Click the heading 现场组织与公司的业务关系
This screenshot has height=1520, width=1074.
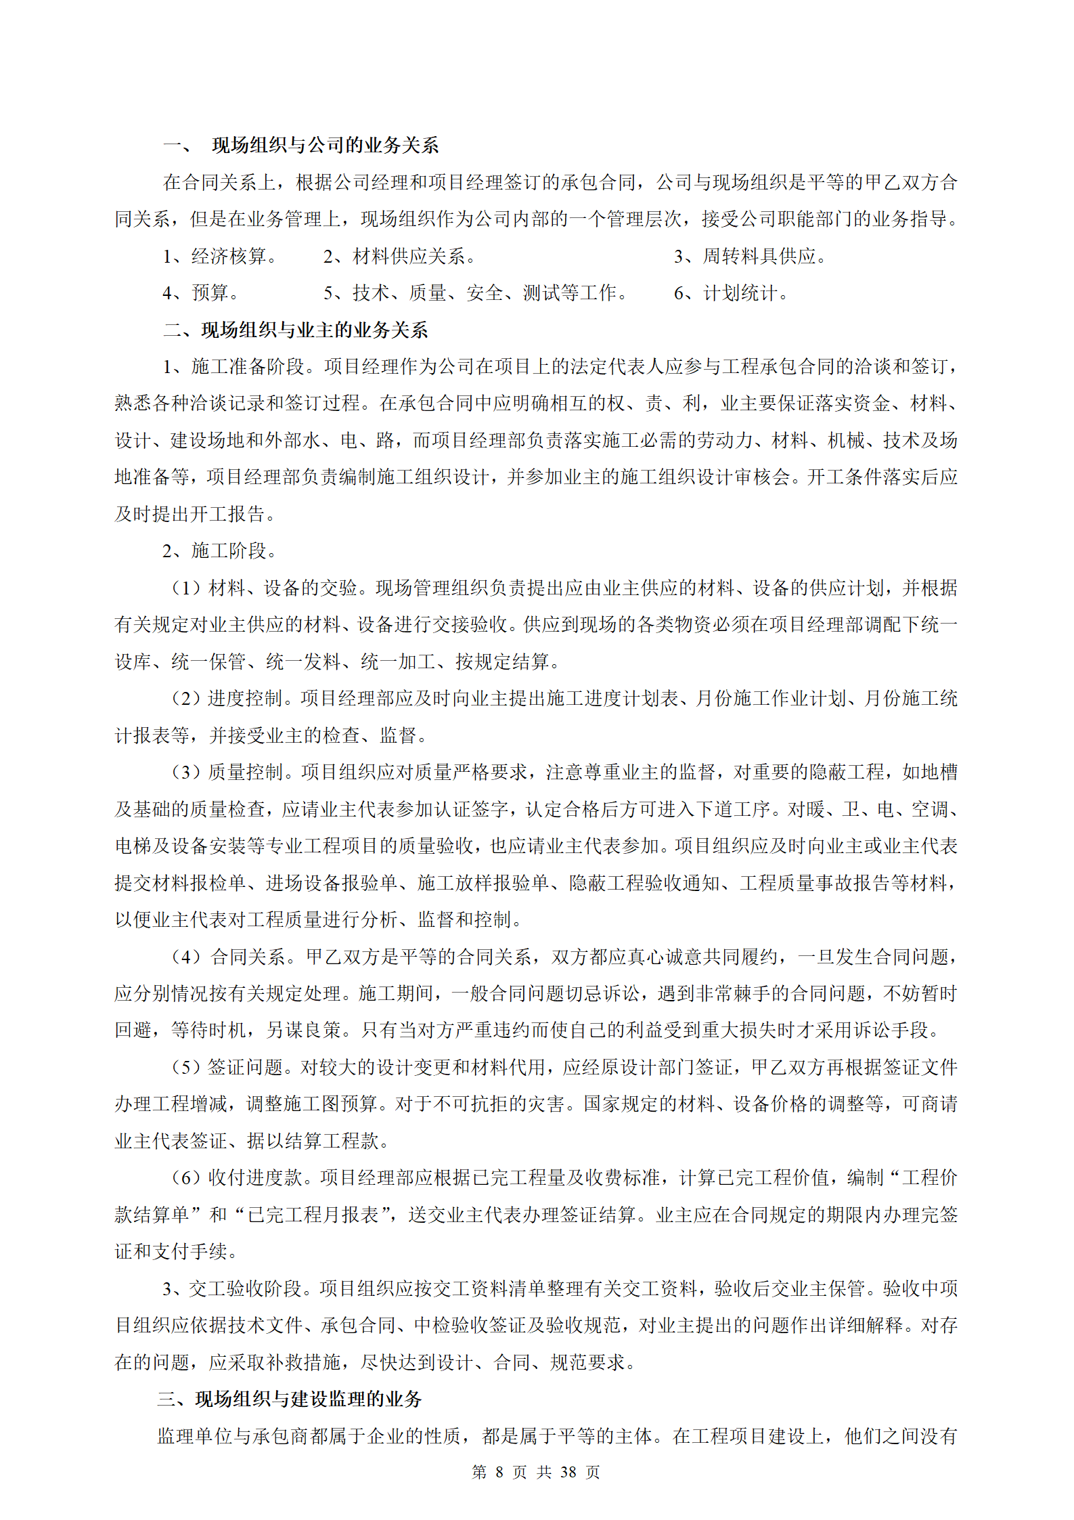(x=325, y=146)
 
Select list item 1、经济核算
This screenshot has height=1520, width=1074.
(x=220, y=257)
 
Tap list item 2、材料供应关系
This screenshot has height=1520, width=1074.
(x=399, y=257)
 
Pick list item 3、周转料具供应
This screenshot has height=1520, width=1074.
(x=750, y=257)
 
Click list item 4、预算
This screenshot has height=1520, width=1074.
(x=200, y=293)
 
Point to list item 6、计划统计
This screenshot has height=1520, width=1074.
(x=731, y=293)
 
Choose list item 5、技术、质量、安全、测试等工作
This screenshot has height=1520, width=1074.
(x=475, y=293)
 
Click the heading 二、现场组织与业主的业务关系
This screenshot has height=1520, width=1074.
(x=295, y=330)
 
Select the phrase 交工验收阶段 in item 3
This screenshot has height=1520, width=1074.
(x=244, y=1288)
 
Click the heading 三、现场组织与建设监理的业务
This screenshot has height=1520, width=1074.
(x=290, y=1399)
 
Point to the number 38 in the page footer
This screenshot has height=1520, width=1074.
(x=568, y=1472)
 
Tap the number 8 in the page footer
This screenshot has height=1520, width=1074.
(x=499, y=1472)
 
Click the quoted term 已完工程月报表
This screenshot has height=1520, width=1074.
(x=312, y=1215)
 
